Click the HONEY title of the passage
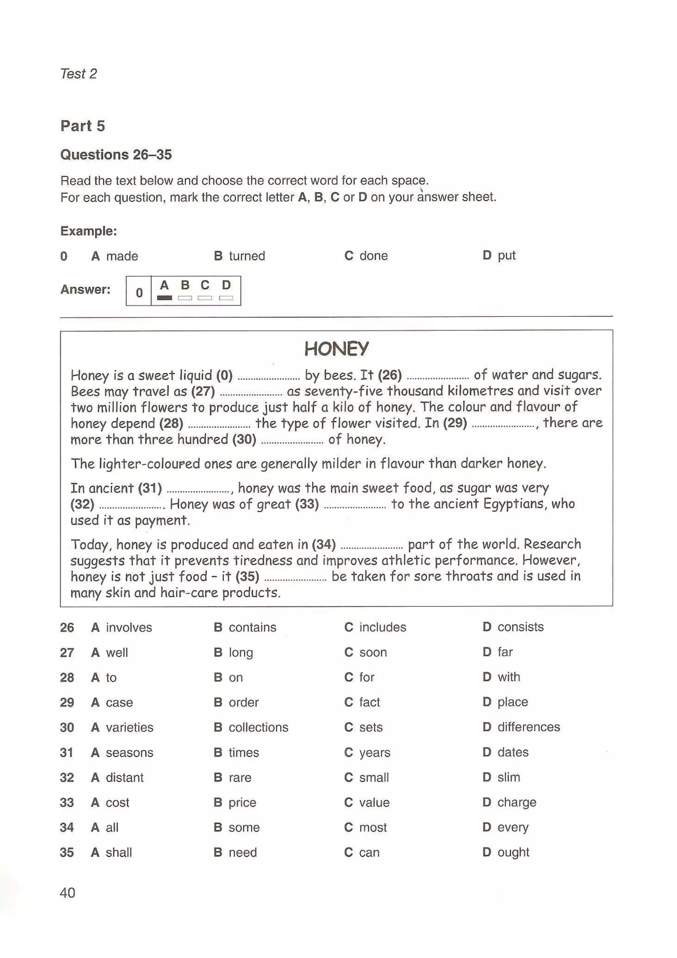(336, 348)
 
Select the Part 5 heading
(83, 126)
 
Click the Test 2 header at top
(78, 73)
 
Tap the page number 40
(67, 893)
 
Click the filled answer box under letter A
(164, 298)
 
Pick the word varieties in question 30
(129, 727)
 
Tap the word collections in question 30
(258, 727)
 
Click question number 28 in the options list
(67, 677)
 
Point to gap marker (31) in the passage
(150, 488)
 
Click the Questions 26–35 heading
(116, 155)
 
